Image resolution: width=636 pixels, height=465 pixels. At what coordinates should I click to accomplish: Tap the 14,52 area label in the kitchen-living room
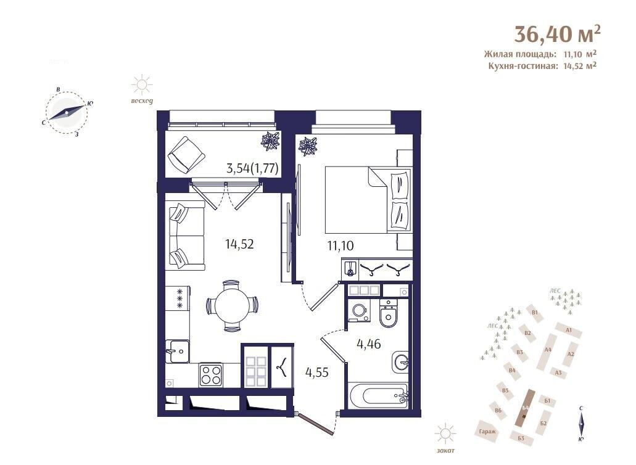pyautogui.click(x=239, y=244)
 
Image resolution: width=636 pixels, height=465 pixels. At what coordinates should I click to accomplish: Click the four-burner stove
pyautogui.click(x=210, y=374)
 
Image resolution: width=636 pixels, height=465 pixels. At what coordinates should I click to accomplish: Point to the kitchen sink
pyautogui.click(x=176, y=352)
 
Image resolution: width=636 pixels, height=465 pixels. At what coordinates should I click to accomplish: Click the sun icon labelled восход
pyautogui.click(x=142, y=84)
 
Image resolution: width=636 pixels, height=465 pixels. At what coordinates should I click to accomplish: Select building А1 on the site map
pyautogui.click(x=568, y=331)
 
